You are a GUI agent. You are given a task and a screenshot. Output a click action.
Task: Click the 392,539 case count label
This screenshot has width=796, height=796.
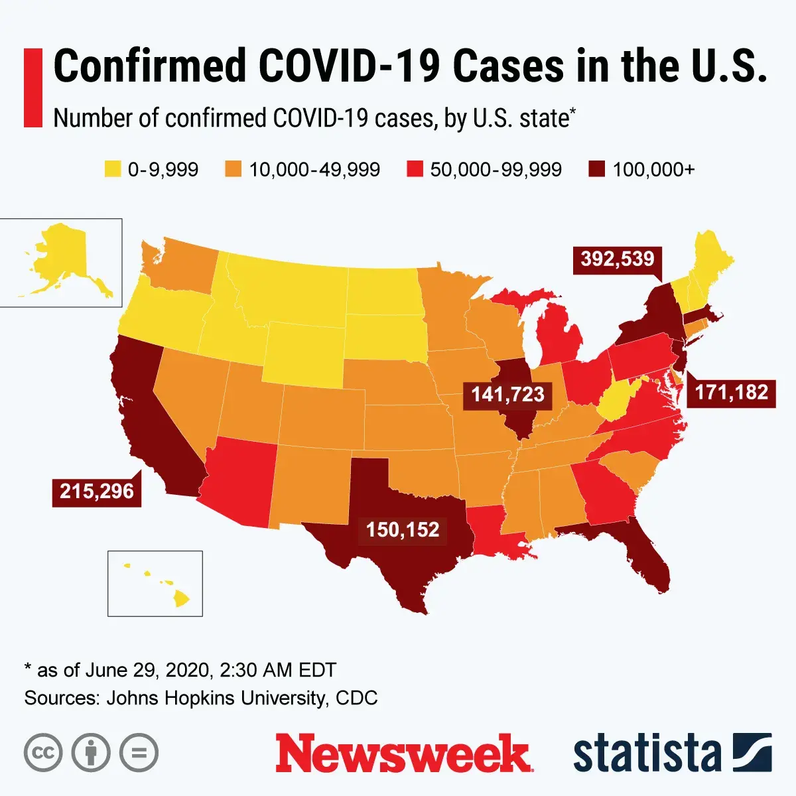tap(618, 259)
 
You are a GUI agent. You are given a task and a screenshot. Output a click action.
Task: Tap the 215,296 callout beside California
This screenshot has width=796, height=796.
tap(97, 492)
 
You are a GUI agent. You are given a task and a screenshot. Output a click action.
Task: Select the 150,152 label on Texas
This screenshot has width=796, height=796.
tap(403, 530)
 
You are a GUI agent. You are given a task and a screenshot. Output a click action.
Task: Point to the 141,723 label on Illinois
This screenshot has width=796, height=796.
tap(507, 395)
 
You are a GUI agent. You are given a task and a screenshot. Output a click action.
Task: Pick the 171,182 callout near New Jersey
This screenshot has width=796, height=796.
tap(731, 392)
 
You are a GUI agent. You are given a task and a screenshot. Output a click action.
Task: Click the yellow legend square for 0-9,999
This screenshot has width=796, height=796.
tap(113, 170)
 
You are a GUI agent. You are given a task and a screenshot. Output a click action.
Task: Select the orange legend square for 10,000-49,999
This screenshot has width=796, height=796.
tap(233, 170)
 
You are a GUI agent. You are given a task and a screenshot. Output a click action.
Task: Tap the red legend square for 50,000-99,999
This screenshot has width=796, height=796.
tap(415, 170)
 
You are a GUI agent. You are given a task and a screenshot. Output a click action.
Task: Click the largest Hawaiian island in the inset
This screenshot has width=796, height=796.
tap(181, 599)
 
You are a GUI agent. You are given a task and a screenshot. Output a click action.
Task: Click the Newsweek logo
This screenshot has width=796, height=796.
tap(403, 754)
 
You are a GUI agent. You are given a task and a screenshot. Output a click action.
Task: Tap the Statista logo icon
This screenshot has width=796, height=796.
tap(752, 752)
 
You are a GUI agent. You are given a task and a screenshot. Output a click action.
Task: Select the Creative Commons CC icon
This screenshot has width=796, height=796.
tap(43, 753)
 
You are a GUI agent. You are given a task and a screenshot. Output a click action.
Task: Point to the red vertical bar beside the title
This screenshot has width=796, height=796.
tap(33, 87)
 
